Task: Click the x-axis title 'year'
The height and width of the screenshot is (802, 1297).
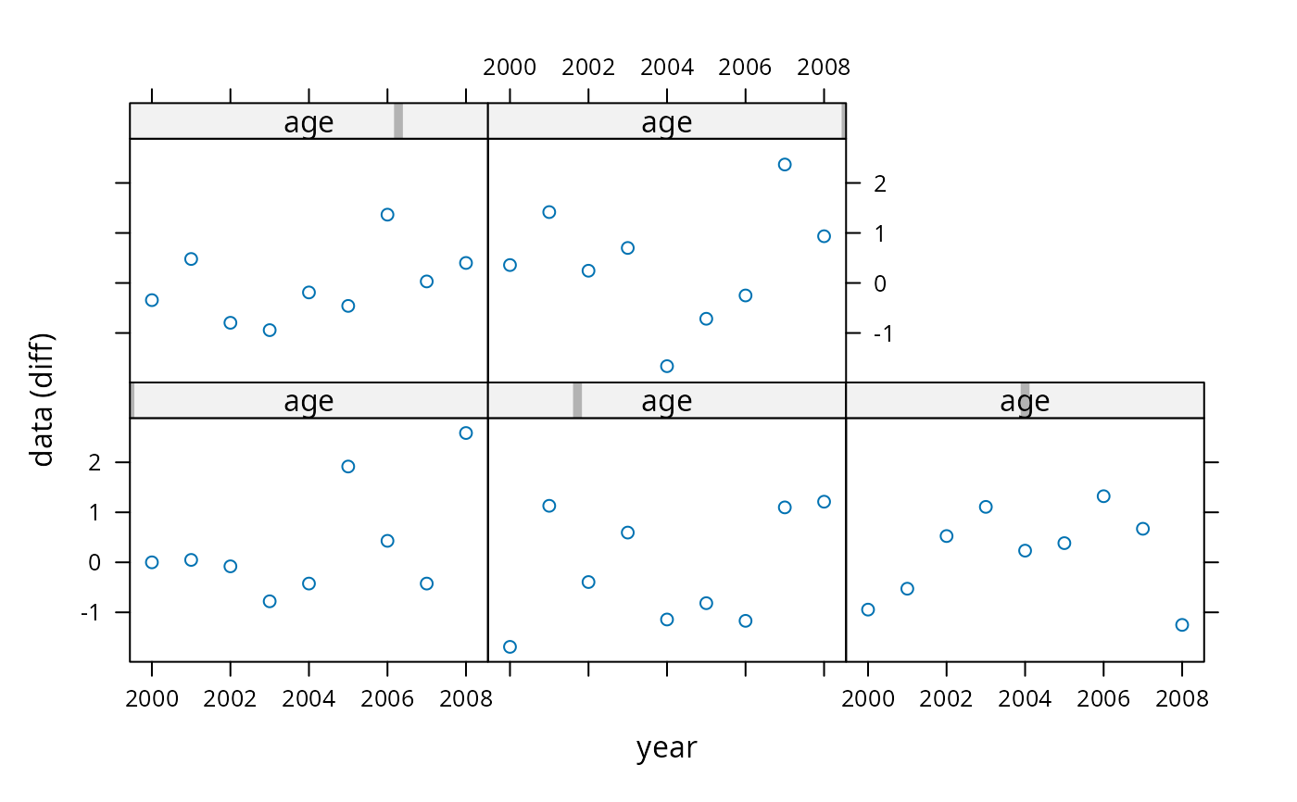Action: pos(666,748)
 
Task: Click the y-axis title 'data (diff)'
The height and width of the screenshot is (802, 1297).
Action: pos(42,400)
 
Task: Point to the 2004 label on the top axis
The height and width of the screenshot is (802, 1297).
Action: pos(666,67)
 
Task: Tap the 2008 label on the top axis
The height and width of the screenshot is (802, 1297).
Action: pos(824,67)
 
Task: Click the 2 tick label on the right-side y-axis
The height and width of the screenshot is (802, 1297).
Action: pos(880,184)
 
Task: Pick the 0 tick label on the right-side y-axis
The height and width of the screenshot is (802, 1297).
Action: pos(880,283)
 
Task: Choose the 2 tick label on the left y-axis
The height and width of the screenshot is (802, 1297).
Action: pos(94,462)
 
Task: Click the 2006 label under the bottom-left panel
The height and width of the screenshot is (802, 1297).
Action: pos(387,699)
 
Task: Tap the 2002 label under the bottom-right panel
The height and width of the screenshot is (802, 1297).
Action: pos(946,699)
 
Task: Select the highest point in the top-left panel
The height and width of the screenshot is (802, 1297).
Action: pos(387,215)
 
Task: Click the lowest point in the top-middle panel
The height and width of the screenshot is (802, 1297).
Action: pos(666,367)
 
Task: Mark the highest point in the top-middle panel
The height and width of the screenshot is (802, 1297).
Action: pos(785,165)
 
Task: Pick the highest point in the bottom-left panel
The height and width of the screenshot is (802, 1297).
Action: pos(465,432)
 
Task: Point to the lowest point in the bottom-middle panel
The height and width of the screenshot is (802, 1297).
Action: pos(510,647)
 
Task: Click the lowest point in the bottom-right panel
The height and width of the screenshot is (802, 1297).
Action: pos(1182,625)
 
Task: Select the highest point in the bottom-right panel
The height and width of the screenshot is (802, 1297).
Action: pos(1103,496)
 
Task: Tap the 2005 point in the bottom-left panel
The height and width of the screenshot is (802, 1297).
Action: pos(348,467)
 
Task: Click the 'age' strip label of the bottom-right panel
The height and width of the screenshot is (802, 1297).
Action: pos(1025,400)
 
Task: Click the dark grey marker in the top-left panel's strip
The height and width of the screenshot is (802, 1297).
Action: pos(398,121)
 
